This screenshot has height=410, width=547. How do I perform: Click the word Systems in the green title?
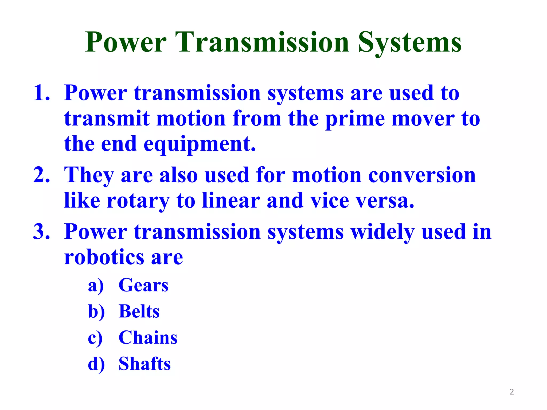(410, 43)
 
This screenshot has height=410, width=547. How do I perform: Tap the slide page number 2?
(512, 392)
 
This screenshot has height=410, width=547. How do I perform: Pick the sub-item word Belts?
(139, 311)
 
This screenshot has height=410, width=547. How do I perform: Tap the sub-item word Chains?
(148, 337)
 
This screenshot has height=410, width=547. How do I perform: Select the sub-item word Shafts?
(144, 364)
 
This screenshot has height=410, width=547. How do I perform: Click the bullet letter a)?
(96, 286)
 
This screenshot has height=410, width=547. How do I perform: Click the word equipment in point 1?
(200, 144)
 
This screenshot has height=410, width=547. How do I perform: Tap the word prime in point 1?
(355, 119)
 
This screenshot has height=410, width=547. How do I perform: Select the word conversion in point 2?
(422, 175)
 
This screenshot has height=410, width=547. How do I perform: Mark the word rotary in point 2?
(138, 201)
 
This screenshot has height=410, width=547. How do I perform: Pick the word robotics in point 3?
(104, 257)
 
